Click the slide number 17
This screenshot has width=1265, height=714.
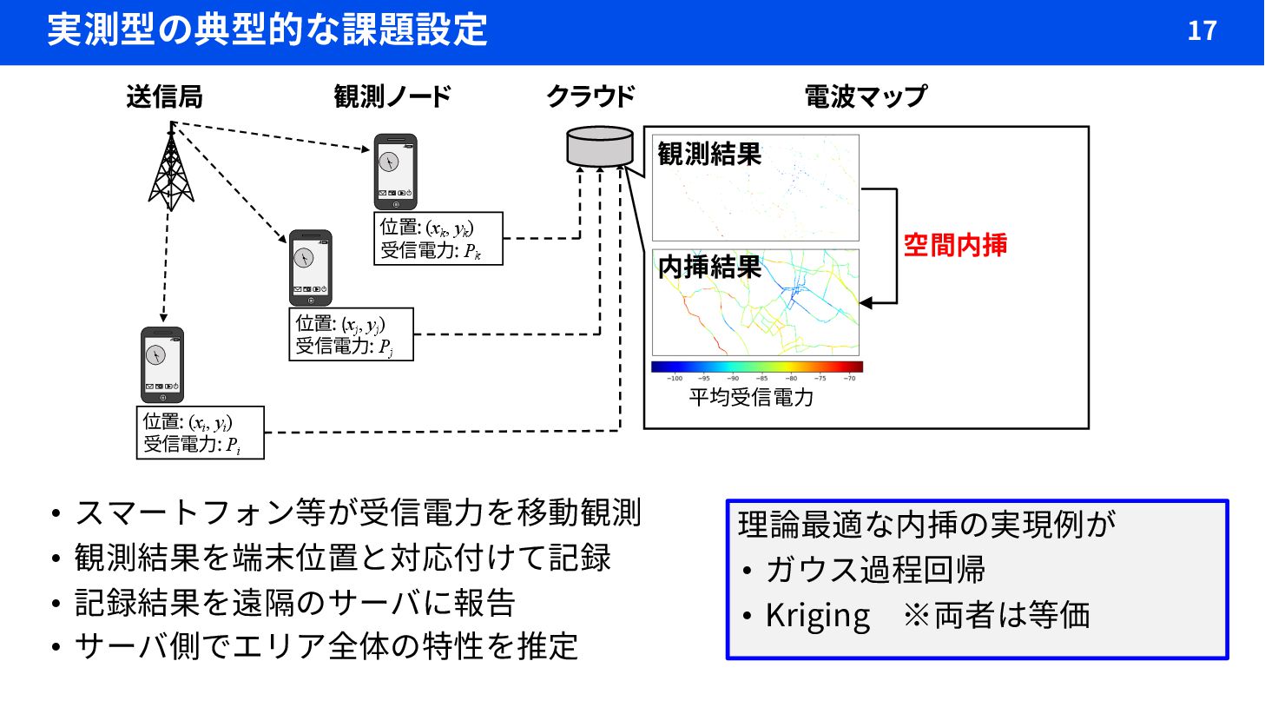(x=1202, y=31)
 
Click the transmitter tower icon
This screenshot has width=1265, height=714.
(x=171, y=169)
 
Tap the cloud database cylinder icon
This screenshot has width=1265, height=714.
(x=600, y=146)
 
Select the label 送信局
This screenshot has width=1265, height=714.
(x=164, y=96)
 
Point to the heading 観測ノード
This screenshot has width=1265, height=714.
(x=392, y=96)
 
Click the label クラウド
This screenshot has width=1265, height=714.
(x=590, y=96)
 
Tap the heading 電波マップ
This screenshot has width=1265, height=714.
(x=865, y=96)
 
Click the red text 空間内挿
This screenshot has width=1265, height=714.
(x=955, y=246)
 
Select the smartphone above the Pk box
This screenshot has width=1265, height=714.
(x=395, y=171)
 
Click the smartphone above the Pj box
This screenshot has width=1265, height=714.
(x=310, y=268)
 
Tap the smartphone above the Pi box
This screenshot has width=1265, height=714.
(x=162, y=365)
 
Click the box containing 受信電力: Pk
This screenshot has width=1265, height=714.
(x=438, y=239)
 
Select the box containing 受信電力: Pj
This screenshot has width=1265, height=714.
(x=351, y=334)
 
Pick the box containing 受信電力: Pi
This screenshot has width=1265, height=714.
(x=200, y=433)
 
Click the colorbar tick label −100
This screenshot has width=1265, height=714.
(x=675, y=379)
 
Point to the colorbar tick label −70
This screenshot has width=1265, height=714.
(x=849, y=379)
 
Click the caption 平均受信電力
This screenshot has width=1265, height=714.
(x=751, y=398)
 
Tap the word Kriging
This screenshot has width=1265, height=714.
(x=817, y=616)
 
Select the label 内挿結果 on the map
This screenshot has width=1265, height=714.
(x=709, y=268)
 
